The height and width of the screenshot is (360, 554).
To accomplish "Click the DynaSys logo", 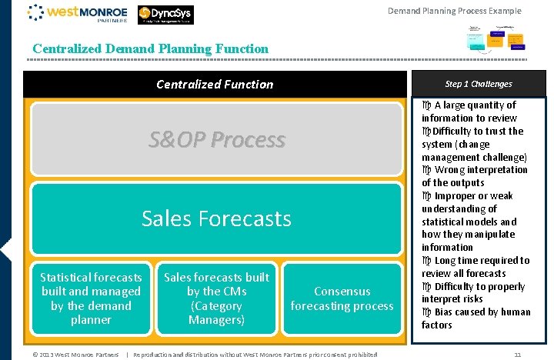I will pos(165,15).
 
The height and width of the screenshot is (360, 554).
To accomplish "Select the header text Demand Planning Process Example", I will pos(454,11).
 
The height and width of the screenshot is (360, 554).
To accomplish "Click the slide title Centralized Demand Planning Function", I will pos(151,49).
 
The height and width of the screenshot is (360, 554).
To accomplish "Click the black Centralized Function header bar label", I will pos(215,85).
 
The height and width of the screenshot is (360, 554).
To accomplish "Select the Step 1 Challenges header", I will pos(478,84).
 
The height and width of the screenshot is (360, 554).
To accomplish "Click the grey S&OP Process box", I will pos(216,140).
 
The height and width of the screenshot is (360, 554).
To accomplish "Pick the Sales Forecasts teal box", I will pos(216,218).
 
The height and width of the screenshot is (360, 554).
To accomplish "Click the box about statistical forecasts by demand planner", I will pos(91,298).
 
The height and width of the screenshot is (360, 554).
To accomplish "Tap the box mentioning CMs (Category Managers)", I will pos(216,298).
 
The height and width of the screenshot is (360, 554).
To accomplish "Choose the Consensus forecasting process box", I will pos(342,298).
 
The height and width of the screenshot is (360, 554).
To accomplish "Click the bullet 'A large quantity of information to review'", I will pos(473,112).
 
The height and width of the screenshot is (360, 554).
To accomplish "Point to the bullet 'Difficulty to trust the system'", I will pos(473,144).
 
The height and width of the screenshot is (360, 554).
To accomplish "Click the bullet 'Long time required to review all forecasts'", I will pos(476,267).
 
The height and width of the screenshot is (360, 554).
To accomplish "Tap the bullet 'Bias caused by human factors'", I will pos(476,318).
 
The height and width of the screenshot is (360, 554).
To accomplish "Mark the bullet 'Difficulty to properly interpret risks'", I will pos(473,292).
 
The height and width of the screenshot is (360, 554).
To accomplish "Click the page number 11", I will pos(518,355).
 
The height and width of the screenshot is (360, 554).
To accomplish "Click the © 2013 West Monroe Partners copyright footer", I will pos(75,355).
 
